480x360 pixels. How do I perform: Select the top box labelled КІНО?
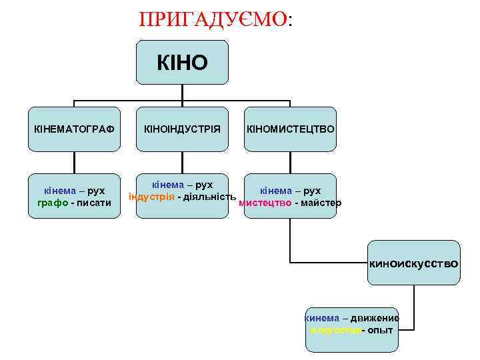click(x=182, y=63)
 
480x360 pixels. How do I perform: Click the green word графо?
click(x=52, y=203)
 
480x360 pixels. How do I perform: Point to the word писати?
click(x=94, y=203)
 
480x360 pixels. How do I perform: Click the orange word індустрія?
click(x=151, y=197)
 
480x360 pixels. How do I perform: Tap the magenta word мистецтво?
click(x=265, y=203)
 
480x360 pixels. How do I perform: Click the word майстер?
click(x=321, y=203)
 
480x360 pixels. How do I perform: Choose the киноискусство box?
click(x=414, y=263)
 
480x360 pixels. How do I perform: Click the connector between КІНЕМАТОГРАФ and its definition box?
click(x=74, y=162)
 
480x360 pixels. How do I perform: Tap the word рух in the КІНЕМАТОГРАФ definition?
click(x=95, y=191)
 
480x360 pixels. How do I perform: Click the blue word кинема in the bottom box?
click(x=323, y=318)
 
